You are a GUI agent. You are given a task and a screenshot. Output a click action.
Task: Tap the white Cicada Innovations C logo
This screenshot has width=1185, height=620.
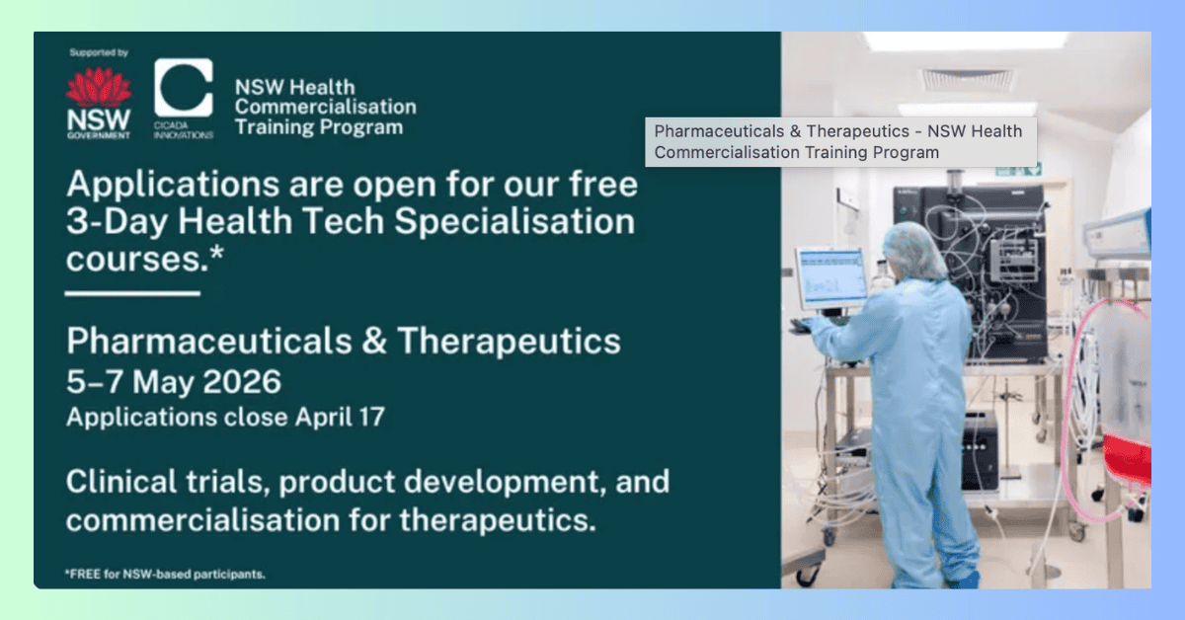(x=184, y=88)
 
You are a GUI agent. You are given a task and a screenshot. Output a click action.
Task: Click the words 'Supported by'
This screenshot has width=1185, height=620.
(x=99, y=52)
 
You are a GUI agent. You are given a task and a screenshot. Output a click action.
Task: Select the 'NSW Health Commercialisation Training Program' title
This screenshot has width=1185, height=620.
(x=325, y=108)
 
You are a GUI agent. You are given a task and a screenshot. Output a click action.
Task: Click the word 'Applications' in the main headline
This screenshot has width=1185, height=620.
(x=173, y=184)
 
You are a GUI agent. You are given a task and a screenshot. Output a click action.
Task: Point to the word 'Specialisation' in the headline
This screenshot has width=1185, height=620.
(x=514, y=221)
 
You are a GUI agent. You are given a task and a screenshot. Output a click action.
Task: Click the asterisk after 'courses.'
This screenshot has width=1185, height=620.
(x=217, y=254)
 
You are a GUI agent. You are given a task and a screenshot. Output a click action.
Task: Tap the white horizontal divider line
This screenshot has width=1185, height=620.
(x=132, y=293)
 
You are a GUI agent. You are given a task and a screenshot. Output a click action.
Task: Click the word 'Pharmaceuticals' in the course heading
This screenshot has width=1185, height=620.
(x=209, y=341)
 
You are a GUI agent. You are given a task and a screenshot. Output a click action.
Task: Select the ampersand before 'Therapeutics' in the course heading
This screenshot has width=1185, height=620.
(x=374, y=341)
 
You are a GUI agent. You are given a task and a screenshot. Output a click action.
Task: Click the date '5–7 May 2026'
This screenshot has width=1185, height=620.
(x=174, y=381)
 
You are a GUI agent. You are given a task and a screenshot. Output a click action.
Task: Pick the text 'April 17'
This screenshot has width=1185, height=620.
(x=340, y=417)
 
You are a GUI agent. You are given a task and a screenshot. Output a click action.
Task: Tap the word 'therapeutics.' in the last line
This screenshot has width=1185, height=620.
(x=498, y=520)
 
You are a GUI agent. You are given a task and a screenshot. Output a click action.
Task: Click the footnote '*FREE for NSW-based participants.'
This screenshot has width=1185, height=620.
(x=165, y=574)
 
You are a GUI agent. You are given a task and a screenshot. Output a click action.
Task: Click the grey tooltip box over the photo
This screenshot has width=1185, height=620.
(x=841, y=142)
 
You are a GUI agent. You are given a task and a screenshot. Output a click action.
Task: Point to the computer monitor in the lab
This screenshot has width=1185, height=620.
(x=831, y=278)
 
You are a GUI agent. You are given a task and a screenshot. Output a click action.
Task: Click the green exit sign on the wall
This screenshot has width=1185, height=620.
(x=1019, y=170)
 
